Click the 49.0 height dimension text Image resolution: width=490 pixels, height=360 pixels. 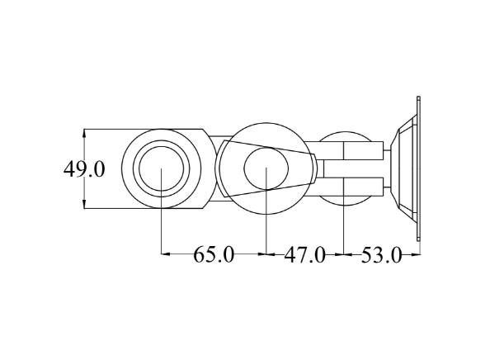click(84, 169)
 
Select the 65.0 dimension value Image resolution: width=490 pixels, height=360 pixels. click(214, 254)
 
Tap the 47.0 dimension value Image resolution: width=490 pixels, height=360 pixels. click(304, 254)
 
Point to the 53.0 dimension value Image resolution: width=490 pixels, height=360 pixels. click(381, 254)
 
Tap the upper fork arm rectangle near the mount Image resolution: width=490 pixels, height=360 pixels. click(363, 150)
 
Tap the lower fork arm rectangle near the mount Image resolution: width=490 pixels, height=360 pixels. click(363, 187)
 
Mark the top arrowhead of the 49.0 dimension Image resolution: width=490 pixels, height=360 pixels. click(85, 133)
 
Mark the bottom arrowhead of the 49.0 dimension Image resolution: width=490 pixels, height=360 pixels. click(85, 206)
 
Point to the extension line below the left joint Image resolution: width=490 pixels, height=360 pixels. click(161, 231)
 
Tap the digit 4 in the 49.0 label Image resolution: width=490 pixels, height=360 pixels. click(70, 169)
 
